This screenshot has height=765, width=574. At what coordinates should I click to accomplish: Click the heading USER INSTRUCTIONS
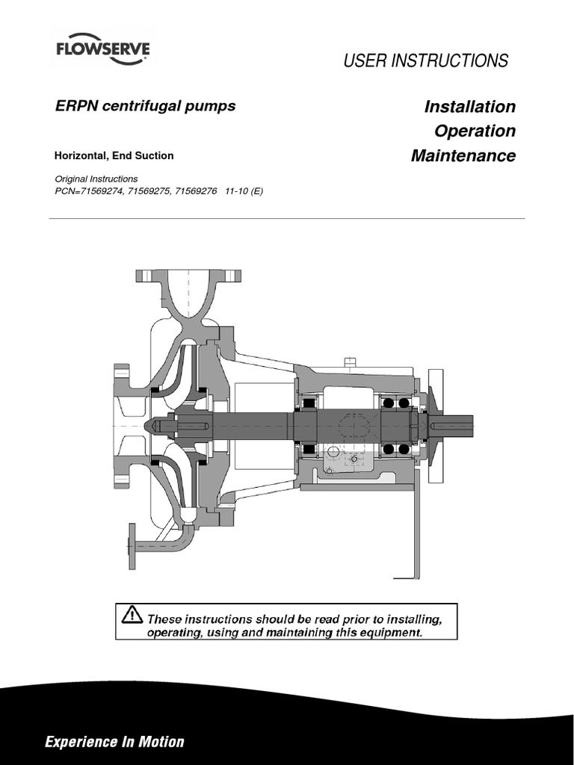click(x=425, y=61)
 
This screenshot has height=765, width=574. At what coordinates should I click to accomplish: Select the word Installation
click(x=469, y=106)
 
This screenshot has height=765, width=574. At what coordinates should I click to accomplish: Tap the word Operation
click(x=475, y=131)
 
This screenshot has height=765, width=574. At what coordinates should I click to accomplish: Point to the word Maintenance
click(x=463, y=156)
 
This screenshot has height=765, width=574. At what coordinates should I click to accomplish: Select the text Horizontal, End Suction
click(x=114, y=156)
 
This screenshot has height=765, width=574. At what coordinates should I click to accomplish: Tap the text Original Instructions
click(x=96, y=179)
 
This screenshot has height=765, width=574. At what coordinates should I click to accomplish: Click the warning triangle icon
click(x=131, y=614)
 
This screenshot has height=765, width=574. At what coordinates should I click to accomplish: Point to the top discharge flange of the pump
click(x=188, y=275)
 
